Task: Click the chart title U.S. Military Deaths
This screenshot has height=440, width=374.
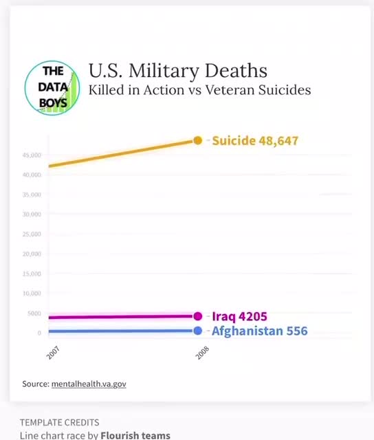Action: (177, 70)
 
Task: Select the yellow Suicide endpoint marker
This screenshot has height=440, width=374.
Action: (198, 140)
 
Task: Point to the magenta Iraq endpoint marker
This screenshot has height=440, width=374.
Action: (198, 316)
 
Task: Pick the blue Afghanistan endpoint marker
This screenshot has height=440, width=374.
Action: (198, 331)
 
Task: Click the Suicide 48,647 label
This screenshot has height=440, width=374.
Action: (254, 141)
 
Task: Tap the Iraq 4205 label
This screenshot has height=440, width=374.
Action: (239, 317)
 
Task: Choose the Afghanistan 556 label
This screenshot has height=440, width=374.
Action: (259, 331)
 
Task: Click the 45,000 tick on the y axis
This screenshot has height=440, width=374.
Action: (32, 155)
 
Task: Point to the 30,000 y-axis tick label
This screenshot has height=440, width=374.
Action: (32, 214)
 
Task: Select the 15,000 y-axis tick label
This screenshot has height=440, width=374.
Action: (32, 274)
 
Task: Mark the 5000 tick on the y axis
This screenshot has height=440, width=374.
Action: (34, 313)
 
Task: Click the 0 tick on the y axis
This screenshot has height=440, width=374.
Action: (39, 333)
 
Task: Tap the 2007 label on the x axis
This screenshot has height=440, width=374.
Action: (52, 354)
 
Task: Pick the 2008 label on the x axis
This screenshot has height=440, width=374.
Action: (201, 354)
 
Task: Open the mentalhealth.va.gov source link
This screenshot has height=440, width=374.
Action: (89, 384)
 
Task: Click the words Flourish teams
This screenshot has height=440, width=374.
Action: (135, 435)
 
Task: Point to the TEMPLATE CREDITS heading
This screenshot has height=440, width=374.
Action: (59, 422)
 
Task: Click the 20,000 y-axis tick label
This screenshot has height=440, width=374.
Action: (32, 254)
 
